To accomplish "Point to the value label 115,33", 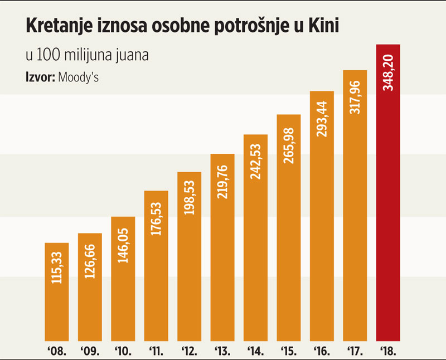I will click(56, 269).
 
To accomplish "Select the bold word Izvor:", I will click(38, 77).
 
